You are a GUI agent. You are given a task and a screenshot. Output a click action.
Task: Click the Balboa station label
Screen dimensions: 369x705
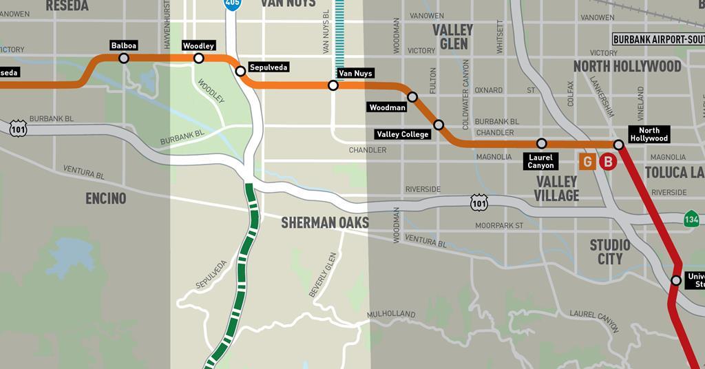124,45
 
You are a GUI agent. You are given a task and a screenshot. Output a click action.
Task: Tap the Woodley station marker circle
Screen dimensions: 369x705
199,59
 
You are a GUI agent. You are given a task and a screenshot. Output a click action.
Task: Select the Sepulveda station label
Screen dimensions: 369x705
268,67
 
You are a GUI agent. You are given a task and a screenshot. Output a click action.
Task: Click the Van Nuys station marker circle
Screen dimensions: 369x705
333,85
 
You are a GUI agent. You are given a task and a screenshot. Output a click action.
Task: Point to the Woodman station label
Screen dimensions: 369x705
388,107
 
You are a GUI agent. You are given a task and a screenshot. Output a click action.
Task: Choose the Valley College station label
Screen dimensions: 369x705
403,134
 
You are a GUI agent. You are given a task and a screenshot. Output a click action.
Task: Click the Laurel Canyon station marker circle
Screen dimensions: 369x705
542,143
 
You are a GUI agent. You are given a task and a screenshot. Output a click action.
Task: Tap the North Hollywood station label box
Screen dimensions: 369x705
649,134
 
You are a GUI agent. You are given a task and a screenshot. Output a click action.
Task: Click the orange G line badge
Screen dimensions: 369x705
587,162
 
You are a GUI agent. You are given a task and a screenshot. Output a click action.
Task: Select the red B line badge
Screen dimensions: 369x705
607,162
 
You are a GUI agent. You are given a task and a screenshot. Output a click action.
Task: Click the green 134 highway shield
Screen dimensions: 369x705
692,219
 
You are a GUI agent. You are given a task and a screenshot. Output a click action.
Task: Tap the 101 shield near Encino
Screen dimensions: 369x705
19,128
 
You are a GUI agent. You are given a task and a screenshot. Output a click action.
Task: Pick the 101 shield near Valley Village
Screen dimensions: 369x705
479,202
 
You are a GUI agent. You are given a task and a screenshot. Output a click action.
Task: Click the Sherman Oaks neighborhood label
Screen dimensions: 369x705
325,222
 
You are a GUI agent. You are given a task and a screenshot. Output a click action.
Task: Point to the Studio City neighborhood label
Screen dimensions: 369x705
610,252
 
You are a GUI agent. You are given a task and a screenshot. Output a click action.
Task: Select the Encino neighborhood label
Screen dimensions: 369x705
106,198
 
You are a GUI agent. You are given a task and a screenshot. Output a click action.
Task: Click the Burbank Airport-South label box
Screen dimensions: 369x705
658,39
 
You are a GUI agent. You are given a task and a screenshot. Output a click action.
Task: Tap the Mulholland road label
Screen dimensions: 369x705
391,314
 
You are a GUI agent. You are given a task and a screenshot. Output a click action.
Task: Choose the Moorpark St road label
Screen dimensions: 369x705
499,225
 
